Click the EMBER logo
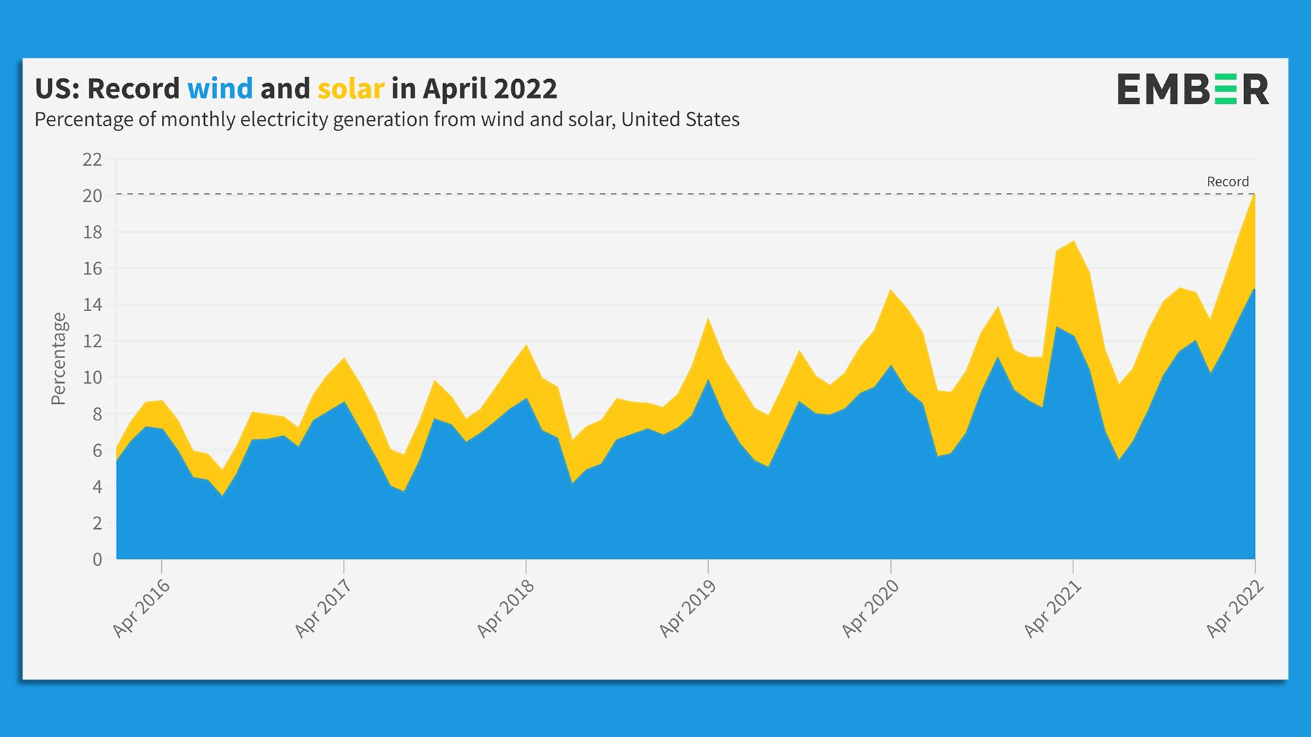coord(1192,89)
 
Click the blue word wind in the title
coord(220,89)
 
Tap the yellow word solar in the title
coord(350,89)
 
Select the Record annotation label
coord(1228,182)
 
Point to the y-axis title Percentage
coord(59,358)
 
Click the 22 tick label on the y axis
coord(92,160)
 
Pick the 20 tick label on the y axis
coord(92,196)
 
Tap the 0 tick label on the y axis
coord(97,560)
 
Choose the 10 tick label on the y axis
coord(92,377)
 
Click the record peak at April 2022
coord(1254,196)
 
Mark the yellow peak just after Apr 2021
coord(1074,242)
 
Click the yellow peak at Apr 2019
coord(708,320)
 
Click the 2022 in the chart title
coord(525,89)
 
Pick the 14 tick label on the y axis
coord(92,305)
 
